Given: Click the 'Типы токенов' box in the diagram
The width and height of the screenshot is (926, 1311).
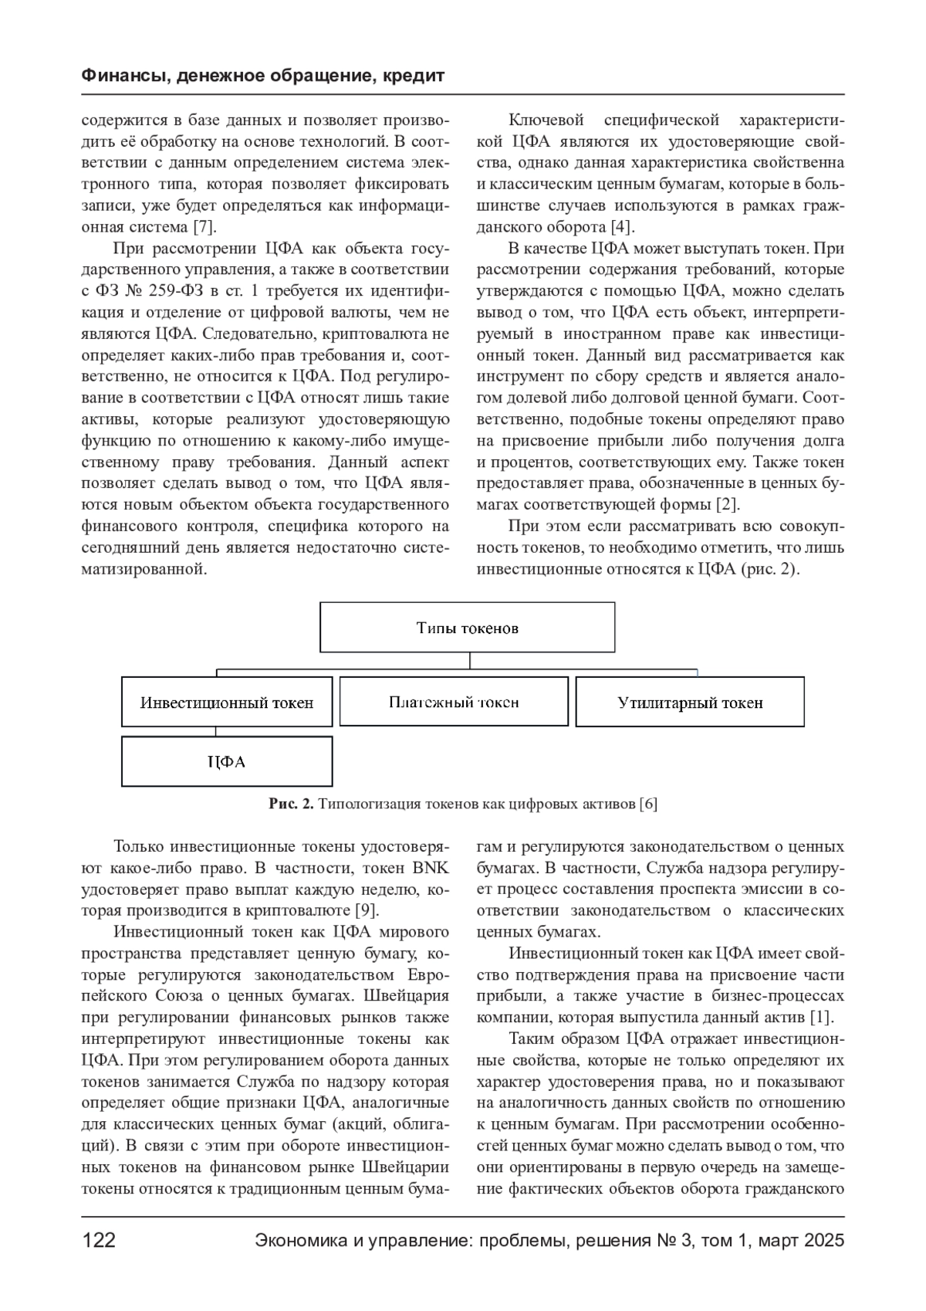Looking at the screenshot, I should click(467, 628).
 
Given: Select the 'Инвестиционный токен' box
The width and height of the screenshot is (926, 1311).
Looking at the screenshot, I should click(227, 703).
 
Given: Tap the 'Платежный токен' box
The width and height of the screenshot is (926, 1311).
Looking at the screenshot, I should click(454, 702).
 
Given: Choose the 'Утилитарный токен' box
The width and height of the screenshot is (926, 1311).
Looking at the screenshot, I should click(690, 703).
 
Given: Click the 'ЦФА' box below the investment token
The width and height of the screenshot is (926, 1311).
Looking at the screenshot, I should click(227, 762).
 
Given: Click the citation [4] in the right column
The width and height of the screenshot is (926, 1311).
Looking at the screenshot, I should click(622, 227).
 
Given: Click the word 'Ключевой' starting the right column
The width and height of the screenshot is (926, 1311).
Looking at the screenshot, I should click(540, 120).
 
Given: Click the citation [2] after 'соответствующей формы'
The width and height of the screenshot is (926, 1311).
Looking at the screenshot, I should click(728, 505).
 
